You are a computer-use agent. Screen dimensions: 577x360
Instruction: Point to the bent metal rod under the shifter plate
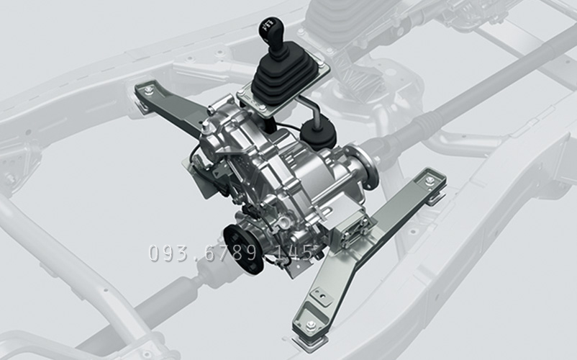[310, 106]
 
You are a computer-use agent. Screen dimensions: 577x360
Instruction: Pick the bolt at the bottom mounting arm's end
[311, 325]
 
